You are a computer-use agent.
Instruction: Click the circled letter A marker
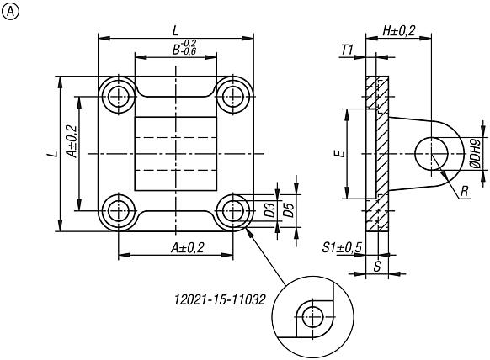tap(10, 11)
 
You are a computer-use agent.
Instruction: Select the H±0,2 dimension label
tap(398, 30)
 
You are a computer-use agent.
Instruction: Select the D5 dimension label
tap(289, 209)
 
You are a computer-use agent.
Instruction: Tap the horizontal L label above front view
tap(174, 29)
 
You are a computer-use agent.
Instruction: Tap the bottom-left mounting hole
tap(118, 209)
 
